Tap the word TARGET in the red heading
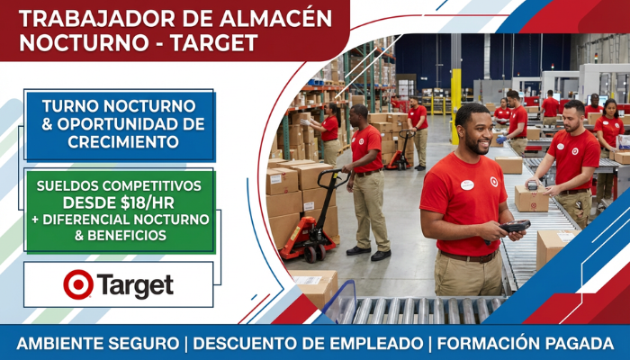point(214,42)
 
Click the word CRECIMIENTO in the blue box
point(123,142)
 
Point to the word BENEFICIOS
point(127,236)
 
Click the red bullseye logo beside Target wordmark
point(78,284)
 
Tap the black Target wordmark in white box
point(135,285)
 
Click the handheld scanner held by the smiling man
point(514,228)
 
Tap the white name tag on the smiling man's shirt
point(467,185)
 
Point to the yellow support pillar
point(455,106)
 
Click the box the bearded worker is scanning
point(532,198)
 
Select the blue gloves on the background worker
point(501,139)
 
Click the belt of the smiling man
point(470,256)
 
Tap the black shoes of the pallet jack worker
point(369,253)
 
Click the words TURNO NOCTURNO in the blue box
point(119,106)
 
